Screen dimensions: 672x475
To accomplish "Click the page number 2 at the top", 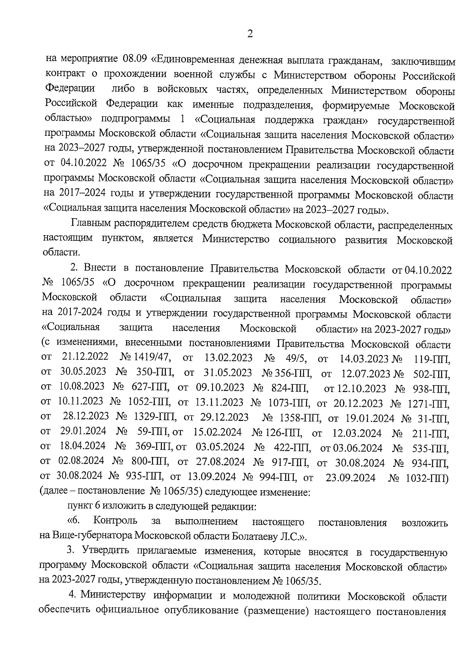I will pos(250,34).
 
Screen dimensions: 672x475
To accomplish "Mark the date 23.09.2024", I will pos(350,478).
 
